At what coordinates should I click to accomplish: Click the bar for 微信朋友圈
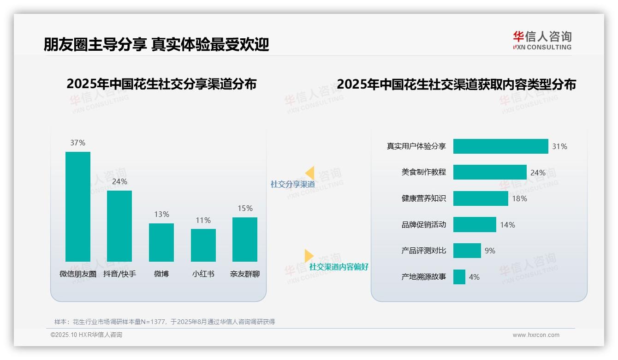(x=78, y=206)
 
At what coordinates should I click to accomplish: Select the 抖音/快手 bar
(x=119, y=226)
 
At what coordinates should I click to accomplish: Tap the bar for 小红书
(x=203, y=245)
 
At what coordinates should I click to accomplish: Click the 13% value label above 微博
(x=161, y=214)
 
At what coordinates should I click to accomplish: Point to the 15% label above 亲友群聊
(x=245, y=208)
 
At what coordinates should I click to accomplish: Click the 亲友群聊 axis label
(x=245, y=274)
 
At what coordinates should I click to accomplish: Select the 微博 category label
(x=161, y=274)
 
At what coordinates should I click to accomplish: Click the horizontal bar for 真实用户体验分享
(x=500, y=146)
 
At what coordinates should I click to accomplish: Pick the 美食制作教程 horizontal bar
(x=490, y=172)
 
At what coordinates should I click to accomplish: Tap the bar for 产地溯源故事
(x=459, y=277)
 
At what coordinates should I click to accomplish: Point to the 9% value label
(x=490, y=251)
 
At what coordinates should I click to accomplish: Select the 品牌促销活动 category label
(x=424, y=225)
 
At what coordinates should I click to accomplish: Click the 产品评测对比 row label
(x=424, y=251)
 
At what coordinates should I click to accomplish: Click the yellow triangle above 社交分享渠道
(x=309, y=173)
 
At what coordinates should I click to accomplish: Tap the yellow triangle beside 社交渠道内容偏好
(x=309, y=256)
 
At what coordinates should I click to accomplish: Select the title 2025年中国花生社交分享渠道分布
(x=161, y=84)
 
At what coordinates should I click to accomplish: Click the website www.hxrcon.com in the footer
(x=536, y=335)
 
